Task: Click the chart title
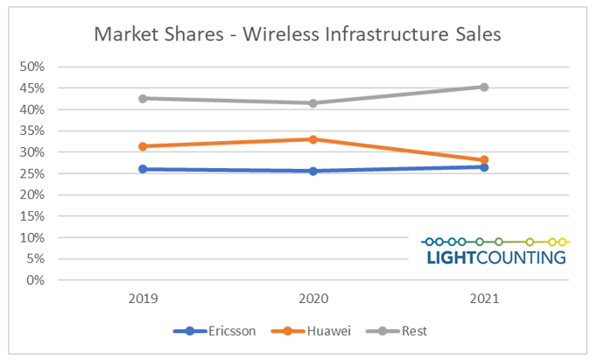(x=297, y=35)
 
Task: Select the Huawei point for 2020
(x=313, y=139)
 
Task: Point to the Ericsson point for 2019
(x=143, y=169)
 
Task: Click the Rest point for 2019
(x=143, y=98)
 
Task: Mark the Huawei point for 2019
(x=143, y=146)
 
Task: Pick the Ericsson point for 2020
(x=313, y=171)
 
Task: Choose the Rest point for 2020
(x=313, y=102)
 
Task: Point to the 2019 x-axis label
(x=143, y=300)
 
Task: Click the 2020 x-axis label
(x=313, y=300)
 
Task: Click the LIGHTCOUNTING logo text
(x=496, y=258)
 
